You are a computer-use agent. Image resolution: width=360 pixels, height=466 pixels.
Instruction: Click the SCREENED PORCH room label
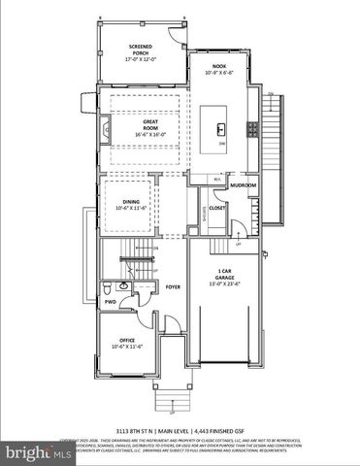pos(142,50)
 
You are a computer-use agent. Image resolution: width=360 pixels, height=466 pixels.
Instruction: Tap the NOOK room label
pos(219,68)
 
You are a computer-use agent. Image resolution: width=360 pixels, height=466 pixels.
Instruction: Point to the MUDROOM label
pos(243,183)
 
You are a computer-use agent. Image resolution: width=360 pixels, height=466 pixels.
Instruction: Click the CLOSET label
pos(217,207)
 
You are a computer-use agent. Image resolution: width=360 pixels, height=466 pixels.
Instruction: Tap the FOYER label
pos(173,287)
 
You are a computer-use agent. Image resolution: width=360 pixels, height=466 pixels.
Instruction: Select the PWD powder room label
pos(110,302)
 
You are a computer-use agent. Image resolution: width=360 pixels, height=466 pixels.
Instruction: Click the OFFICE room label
pos(126,340)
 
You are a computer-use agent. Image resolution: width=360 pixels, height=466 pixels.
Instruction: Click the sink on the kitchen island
pos(222,128)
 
